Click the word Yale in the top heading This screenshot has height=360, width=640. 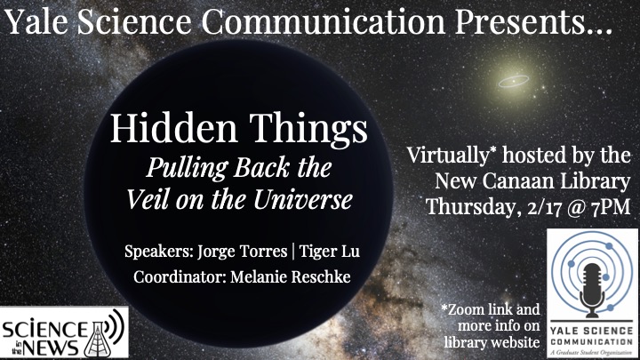[36, 21]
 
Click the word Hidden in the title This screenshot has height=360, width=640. [173, 128]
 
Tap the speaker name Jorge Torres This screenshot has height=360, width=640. [243, 251]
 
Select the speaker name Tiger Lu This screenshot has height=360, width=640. [330, 251]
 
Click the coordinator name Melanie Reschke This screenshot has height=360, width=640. [290, 276]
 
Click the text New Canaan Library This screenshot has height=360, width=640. [532, 181]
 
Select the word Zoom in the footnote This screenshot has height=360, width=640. [466, 310]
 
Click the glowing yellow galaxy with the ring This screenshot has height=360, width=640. [514, 81]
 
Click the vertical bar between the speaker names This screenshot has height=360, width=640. [293, 252]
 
